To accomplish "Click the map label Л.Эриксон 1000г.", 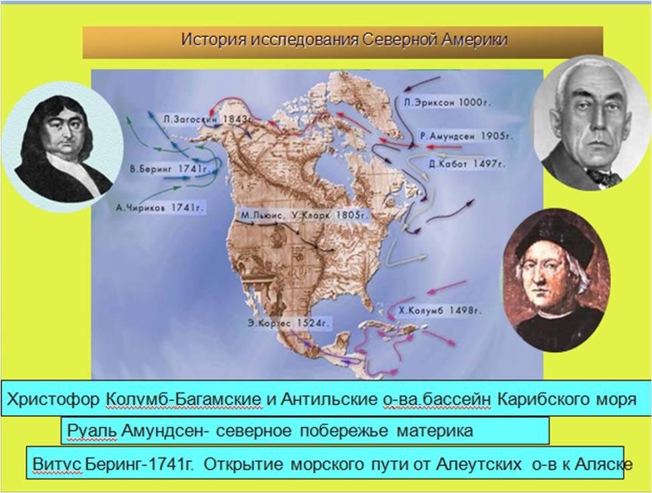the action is point(446,103).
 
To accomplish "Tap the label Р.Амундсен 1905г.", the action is point(466,136).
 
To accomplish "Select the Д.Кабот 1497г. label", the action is point(467,164).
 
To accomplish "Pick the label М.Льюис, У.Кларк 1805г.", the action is point(304,216).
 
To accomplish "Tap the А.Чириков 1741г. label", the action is point(160,208).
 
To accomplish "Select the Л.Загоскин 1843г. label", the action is point(208,119).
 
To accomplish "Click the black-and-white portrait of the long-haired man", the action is point(63,148).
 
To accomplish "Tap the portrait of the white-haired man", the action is point(592,124).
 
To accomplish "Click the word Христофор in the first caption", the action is point(53,400).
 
